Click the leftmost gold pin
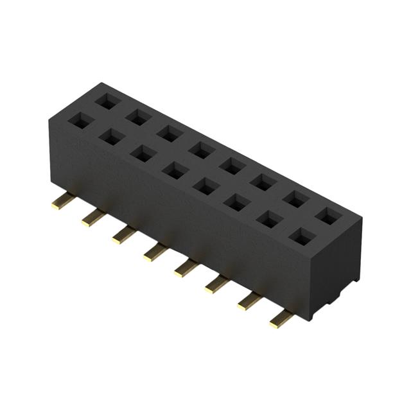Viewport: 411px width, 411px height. tap(62, 202)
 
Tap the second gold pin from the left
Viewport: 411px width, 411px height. tap(92, 218)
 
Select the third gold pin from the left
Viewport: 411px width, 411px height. tap(123, 235)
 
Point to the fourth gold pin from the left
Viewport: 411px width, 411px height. tap(155, 252)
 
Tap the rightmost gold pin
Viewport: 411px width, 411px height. tap(281, 319)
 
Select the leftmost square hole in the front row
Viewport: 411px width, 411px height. tap(80, 120)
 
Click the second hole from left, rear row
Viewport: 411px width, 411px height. tap(137, 117)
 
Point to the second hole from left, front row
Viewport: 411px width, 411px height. tap(111, 136)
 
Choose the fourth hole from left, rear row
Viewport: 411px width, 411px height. tap(201, 150)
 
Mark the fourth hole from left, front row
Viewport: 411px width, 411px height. tap(174, 170)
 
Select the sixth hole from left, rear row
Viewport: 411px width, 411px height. tap(264, 182)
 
